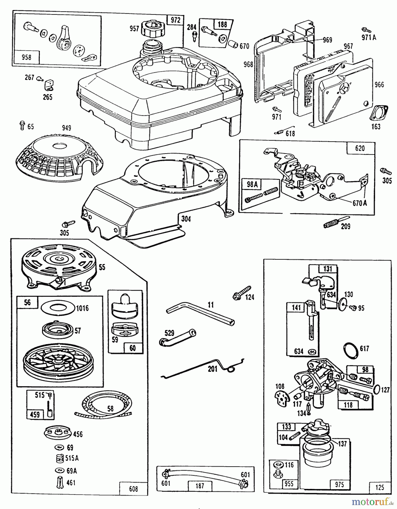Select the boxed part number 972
175,20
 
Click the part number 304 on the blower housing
186,219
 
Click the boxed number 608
133,489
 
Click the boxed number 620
360,148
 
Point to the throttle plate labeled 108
282,398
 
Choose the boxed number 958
26,57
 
